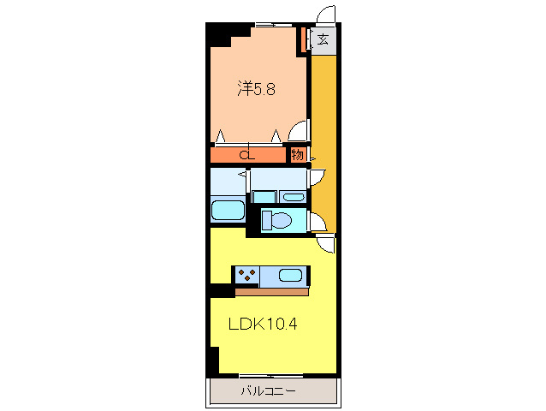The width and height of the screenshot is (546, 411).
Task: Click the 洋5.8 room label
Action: (256, 89)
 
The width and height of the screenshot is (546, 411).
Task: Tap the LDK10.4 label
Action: (263, 324)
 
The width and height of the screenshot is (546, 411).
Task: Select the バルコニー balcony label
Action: (269, 391)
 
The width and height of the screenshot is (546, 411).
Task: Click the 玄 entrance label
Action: (323, 39)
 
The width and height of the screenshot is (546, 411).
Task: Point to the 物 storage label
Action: (297, 155)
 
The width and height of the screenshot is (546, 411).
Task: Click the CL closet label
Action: (247, 155)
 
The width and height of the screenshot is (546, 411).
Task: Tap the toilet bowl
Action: (277, 220)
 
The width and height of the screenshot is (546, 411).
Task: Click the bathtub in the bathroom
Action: (228, 210)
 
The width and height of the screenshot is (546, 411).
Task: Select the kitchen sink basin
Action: (290, 276)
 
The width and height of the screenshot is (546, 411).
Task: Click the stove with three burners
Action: (246, 275)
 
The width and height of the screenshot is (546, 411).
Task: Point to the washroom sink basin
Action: (294, 198)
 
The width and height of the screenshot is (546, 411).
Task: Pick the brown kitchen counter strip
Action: (271, 292)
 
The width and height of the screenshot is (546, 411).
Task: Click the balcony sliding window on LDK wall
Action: (271, 376)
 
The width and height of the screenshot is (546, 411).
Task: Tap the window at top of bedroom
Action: (274, 25)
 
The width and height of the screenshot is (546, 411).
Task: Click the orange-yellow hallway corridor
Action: (323, 144)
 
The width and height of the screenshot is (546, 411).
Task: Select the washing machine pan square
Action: (264, 197)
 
